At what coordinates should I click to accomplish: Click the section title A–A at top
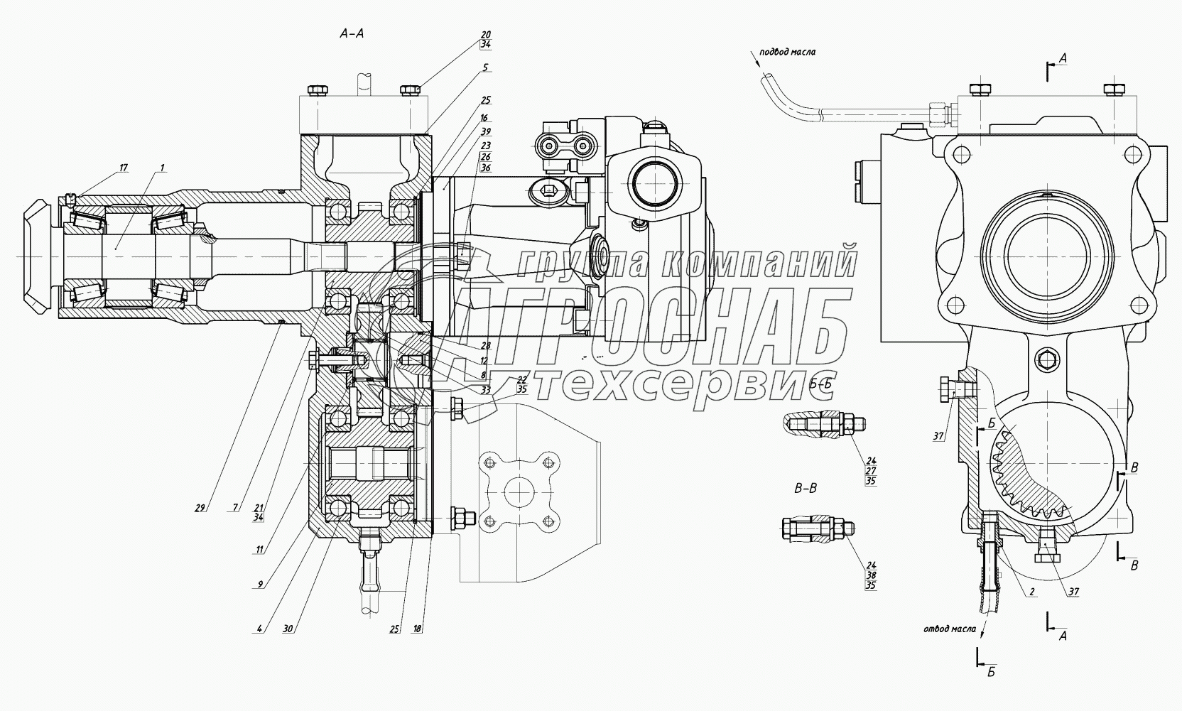point(352,33)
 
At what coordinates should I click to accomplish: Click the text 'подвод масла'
point(787,52)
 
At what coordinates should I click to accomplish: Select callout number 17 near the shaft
point(124,168)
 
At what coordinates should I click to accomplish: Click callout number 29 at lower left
point(200,507)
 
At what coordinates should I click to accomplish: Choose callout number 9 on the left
point(260,583)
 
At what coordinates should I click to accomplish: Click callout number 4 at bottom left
point(260,629)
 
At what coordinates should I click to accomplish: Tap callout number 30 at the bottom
point(288,629)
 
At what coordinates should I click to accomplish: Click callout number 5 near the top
point(485,68)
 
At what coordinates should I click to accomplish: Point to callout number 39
point(485,132)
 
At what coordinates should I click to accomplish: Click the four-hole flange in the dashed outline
point(516,492)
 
